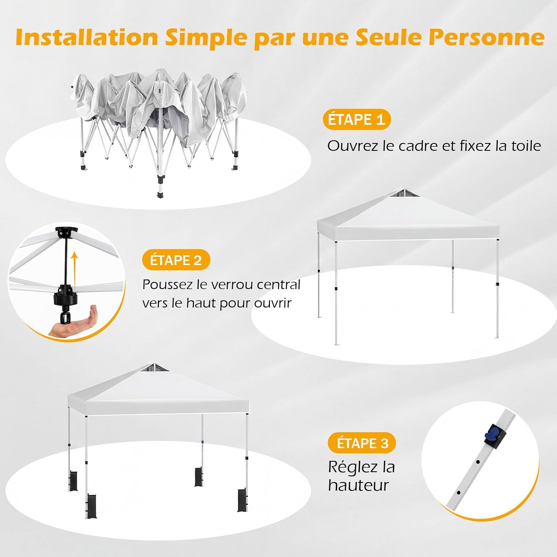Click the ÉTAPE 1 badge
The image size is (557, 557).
point(357,120)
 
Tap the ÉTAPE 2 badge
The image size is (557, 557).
point(176,260)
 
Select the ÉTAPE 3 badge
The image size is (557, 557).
point(362,443)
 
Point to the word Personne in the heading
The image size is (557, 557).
point(487,37)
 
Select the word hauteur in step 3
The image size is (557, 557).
point(358,485)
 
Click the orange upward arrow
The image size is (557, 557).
point(75,269)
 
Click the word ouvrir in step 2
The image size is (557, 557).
point(273,303)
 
